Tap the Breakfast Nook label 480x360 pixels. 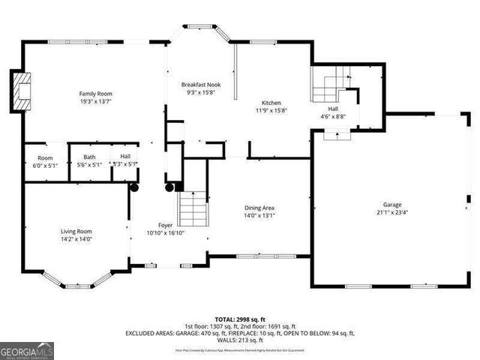click(200, 85)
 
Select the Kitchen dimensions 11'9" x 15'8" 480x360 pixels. click(271, 110)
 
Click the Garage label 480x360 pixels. click(392, 204)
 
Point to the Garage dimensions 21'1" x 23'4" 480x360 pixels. click(392, 212)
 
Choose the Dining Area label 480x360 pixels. click(259, 208)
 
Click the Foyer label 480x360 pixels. click(166, 225)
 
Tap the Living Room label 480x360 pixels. click(76, 231)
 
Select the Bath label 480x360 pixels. click(89, 157)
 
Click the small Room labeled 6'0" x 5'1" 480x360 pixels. click(46, 157)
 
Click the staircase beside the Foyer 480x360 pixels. click(193, 204)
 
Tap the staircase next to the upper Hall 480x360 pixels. click(328, 88)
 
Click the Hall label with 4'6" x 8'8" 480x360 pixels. click(332, 109)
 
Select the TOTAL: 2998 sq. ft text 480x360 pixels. click(239, 319)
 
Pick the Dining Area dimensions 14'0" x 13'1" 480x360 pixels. click(259, 216)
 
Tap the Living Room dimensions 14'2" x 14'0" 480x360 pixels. click(76, 239)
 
